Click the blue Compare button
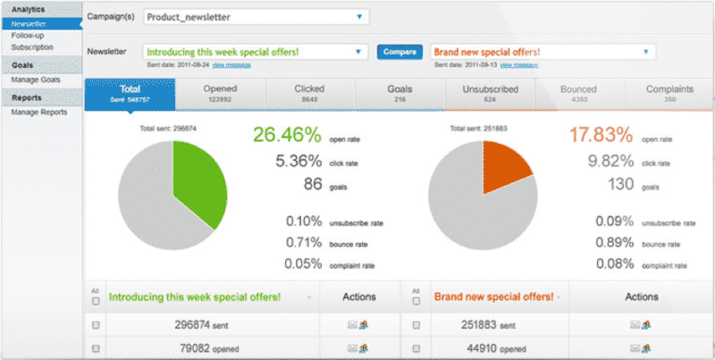400,52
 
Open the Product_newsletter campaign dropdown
255,16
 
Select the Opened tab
220,94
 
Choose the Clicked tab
309,94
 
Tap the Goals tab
400,94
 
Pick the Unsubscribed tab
490,94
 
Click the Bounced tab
579,94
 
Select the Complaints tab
669,94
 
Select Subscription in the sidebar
32,47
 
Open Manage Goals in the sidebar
36,80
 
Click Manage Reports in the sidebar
38,113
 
